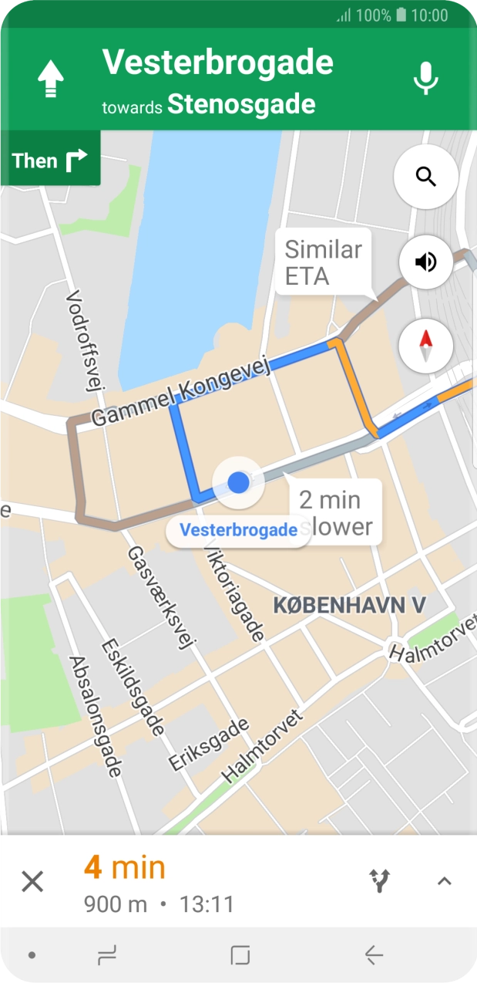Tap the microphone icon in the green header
point(425,79)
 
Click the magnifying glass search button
point(425,176)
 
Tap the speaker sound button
point(425,262)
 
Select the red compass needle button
point(425,344)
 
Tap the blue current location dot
point(239,482)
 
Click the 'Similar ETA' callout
point(323,262)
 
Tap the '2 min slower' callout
point(336,512)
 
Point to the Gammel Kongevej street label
point(182,394)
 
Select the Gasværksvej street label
point(162,598)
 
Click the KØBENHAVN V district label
point(349,605)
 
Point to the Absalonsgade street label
point(96,716)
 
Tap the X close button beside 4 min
point(32,880)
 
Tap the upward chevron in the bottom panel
point(444,880)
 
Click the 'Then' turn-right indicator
point(50,160)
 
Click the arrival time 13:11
point(207,904)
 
